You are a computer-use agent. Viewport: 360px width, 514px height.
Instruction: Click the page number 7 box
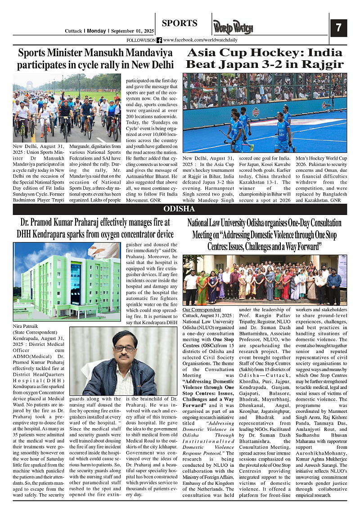[x=338, y=28]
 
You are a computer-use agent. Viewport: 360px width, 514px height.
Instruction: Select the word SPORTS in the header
[x=180, y=23]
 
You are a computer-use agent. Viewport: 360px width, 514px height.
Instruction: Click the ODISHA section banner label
[x=179, y=209]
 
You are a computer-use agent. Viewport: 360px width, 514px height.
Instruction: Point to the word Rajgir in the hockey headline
[x=321, y=64]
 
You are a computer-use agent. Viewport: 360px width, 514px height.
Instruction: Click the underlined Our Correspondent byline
[x=202, y=310]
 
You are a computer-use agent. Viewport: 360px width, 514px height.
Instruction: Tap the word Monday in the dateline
[x=96, y=31]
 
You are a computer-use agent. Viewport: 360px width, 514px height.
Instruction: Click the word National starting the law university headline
[x=200, y=223]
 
